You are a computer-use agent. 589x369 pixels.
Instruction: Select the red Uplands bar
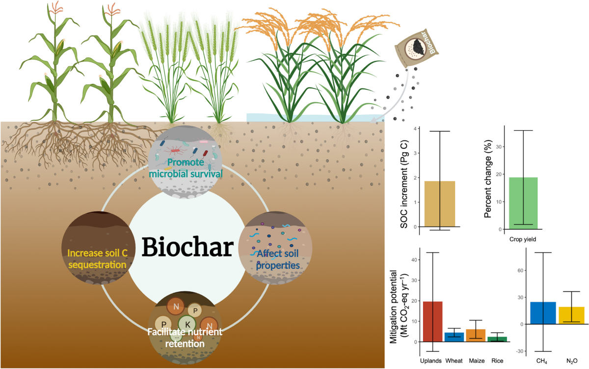click(x=433, y=321)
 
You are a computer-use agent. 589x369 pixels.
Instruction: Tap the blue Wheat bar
click(x=454, y=337)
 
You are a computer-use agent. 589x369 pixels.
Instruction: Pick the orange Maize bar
click(x=475, y=335)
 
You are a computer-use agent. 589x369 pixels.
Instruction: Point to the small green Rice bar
click(x=497, y=339)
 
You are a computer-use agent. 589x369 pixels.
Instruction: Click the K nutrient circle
click(x=186, y=324)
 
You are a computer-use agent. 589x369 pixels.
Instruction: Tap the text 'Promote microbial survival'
click(x=189, y=169)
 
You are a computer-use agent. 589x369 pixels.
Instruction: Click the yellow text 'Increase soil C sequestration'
click(x=96, y=259)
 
